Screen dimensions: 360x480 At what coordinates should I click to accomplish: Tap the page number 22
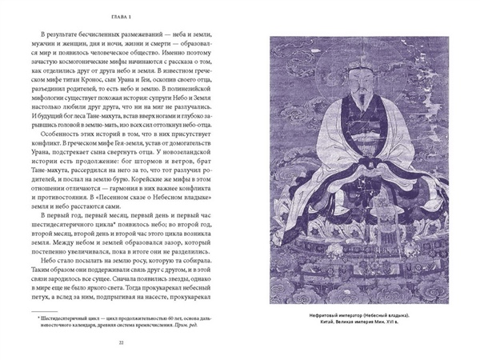[120, 344]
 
